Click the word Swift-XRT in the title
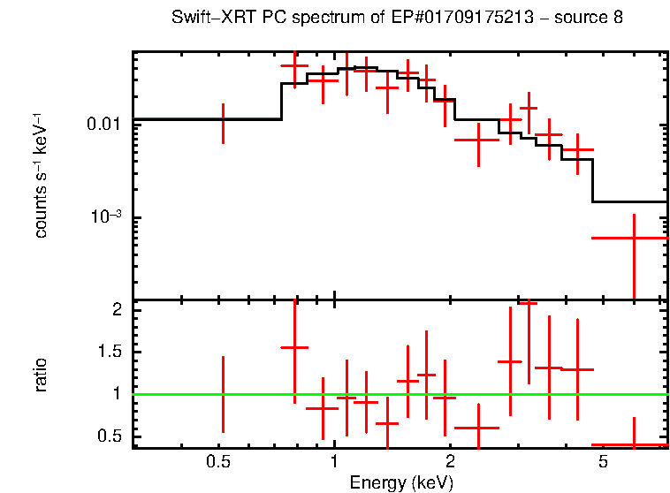pos(209,19)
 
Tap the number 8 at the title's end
pos(619,19)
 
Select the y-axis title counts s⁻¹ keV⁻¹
pos(41,176)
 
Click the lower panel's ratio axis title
pos(41,375)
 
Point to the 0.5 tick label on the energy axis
pos(217,461)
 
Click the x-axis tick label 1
pos(334,461)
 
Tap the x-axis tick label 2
pos(450,461)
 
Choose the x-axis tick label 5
pos(603,461)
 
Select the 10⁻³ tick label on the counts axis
pos(107,217)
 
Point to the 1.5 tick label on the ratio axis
pos(110,352)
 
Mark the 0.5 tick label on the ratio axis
pos(110,436)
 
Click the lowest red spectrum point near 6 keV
pos(634,238)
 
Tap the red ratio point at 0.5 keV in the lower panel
pos(223,394)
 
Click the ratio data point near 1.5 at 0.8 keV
pos(294,348)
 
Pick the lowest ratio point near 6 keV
pos(634,444)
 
